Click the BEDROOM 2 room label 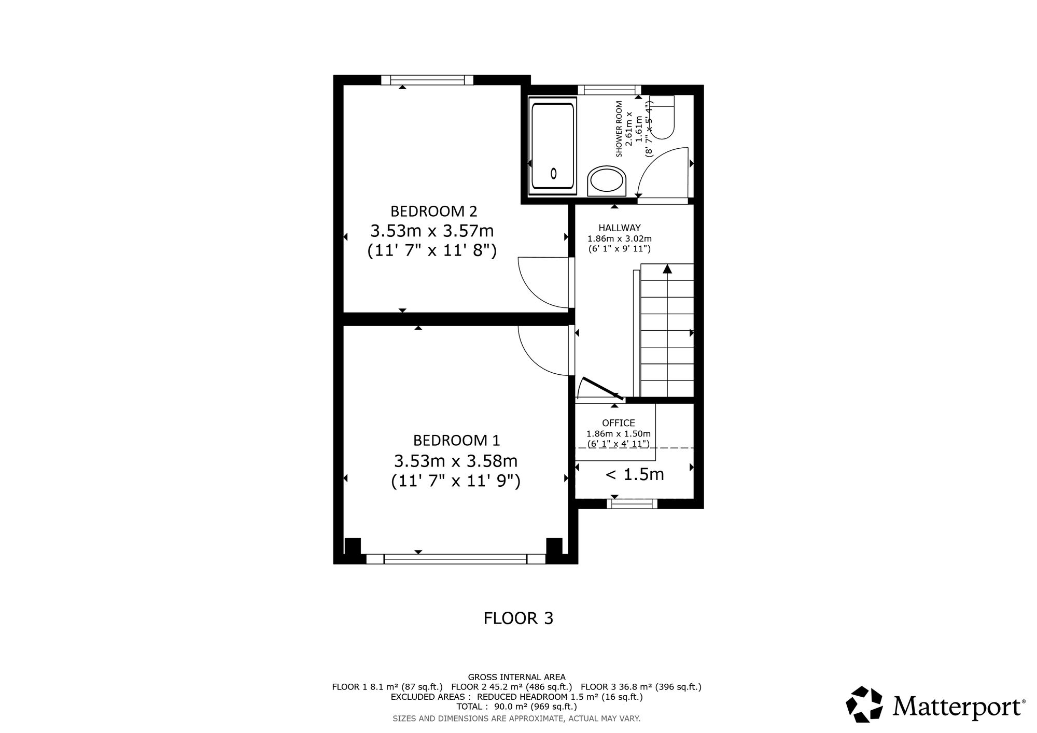coord(433,212)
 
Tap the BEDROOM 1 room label coord(456,441)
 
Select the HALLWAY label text coord(620,228)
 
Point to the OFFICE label coord(619,423)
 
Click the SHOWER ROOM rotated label coord(619,129)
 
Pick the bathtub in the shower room coord(553,146)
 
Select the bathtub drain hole coord(554,174)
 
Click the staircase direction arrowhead coord(667,269)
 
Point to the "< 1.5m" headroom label coord(635,474)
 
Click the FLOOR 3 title coord(518,618)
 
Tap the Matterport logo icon coord(864,704)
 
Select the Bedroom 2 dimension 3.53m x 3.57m coord(432,230)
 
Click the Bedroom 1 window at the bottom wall coord(455,559)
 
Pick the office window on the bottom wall coord(632,503)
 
